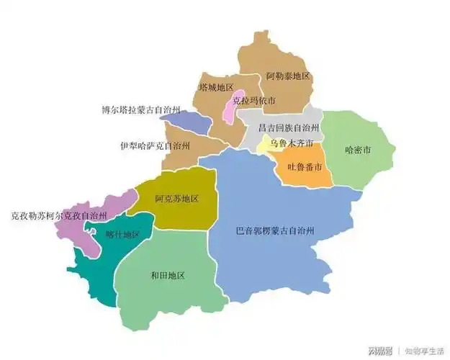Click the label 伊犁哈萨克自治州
[x=155, y=145]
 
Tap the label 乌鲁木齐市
[x=292, y=144]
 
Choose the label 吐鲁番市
[x=305, y=167]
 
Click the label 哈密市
[x=358, y=150]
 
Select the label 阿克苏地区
[x=176, y=198]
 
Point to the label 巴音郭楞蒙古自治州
[x=280, y=231]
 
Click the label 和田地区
[x=168, y=276]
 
